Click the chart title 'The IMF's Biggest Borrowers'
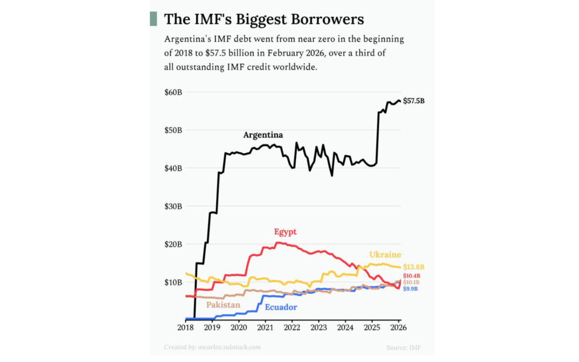[264, 19]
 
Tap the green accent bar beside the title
[153, 19]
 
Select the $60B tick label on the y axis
[173, 92]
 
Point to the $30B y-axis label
[173, 206]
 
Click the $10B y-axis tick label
[173, 282]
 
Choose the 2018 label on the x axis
[185, 328]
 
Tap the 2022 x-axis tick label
[292, 328]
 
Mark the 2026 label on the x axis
[398, 328]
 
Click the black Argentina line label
[263, 135]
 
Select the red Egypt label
[285, 232]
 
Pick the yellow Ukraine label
[385, 254]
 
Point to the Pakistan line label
[223, 305]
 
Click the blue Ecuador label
[281, 307]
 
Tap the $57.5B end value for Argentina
[414, 101]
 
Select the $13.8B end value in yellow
[414, 267]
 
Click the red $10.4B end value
[411, 276]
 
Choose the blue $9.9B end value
[410, 289]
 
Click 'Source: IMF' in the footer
[403, 348]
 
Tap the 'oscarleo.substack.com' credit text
[229, 347]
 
